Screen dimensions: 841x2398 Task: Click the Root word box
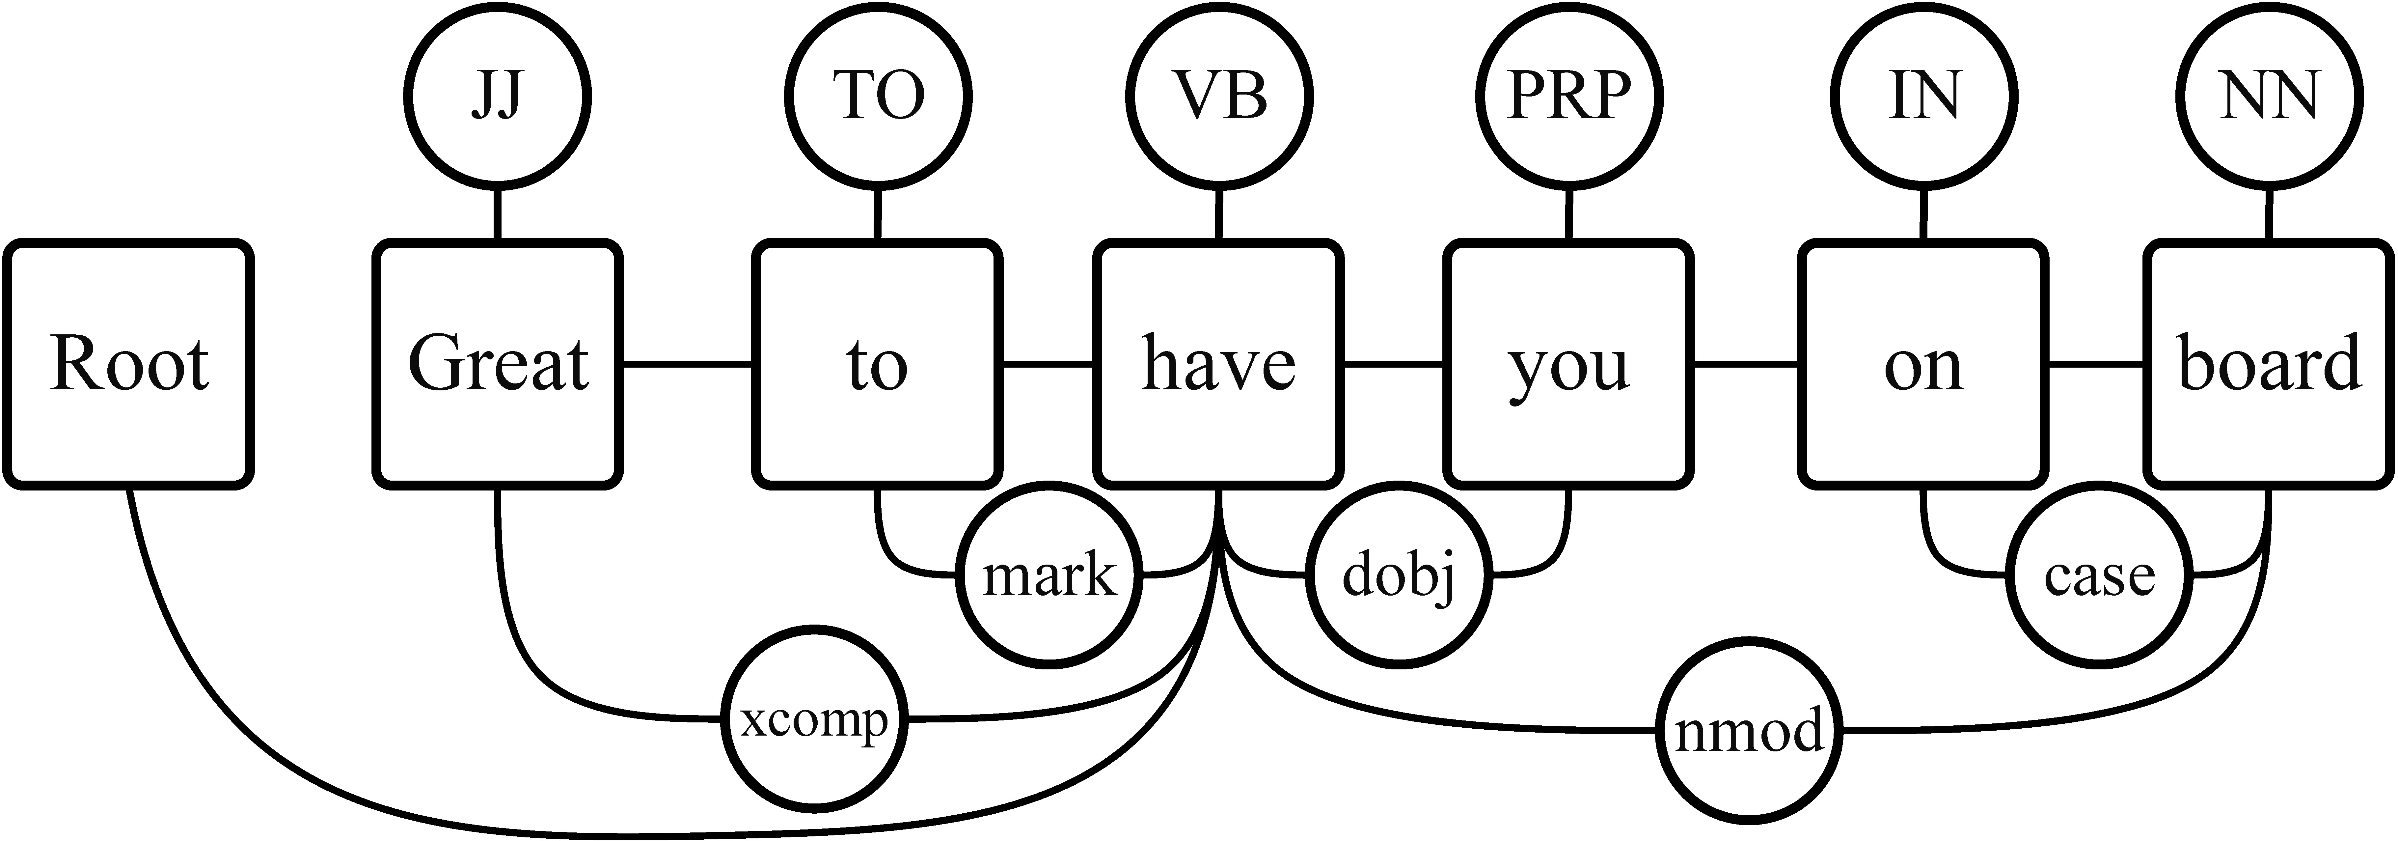[128, 363]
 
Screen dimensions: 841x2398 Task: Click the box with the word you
[1568, 363]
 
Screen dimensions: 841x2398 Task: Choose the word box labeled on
[1923, 363]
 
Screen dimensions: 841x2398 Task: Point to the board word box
[2270, 363]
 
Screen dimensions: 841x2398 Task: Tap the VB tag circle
[1219, 96]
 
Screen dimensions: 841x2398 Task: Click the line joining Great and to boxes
[687, 363]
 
